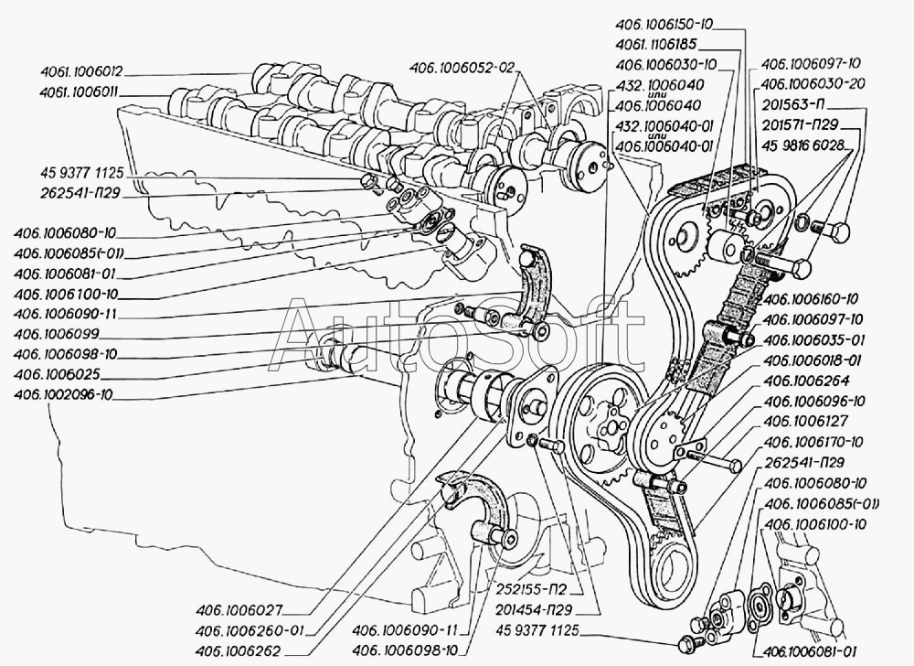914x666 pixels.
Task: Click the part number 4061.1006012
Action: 82,72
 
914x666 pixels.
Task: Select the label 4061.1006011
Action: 81,92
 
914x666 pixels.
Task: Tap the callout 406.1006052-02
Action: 462,67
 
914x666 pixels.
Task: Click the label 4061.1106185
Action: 655,44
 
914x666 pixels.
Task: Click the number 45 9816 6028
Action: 802,145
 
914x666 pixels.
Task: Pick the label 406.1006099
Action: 56,334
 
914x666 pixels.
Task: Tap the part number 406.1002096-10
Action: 62,395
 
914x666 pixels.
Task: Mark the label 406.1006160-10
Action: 810,299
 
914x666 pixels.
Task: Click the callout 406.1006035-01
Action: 813,340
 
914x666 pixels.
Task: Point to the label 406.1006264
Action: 805,381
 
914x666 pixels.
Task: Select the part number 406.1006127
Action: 805,421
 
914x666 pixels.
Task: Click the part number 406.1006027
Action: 239,610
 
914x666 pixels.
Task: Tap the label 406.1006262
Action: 239,650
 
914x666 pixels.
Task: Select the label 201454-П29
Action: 534,610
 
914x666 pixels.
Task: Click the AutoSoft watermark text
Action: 459,336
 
